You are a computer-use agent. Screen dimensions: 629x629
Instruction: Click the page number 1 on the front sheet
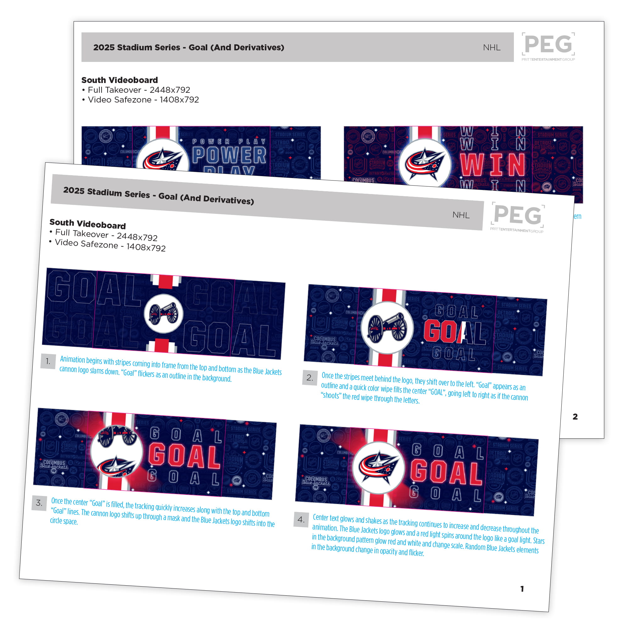[x=522, y=589]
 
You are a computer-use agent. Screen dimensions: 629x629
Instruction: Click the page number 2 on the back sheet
[x=575, y=417]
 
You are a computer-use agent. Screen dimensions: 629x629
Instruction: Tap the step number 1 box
[x=48, y=361]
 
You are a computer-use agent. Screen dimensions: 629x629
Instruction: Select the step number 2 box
[x=309, y=378]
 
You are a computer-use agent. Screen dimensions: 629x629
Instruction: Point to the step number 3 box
[x=39, y=503]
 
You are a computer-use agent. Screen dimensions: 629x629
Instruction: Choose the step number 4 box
[x=301, y=519]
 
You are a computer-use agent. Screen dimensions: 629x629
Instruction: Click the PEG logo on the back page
[x=548, y=46]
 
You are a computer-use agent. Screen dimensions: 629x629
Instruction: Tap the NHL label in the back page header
[x=492, y=47]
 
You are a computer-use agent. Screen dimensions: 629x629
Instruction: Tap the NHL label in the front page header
[x=461, y=215]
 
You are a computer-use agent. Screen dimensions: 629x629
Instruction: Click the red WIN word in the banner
[x=492, y=165]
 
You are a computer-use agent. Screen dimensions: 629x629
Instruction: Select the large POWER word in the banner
[x=229, y=155]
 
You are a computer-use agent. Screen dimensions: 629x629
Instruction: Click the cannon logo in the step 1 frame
[x=164, y=314]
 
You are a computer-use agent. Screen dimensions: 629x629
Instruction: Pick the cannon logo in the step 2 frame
[x=387, y=327]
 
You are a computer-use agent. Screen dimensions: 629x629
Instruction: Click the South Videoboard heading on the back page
[x=120, y=80]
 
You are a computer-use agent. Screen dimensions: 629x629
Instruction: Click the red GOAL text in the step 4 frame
[x=446, y=471]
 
